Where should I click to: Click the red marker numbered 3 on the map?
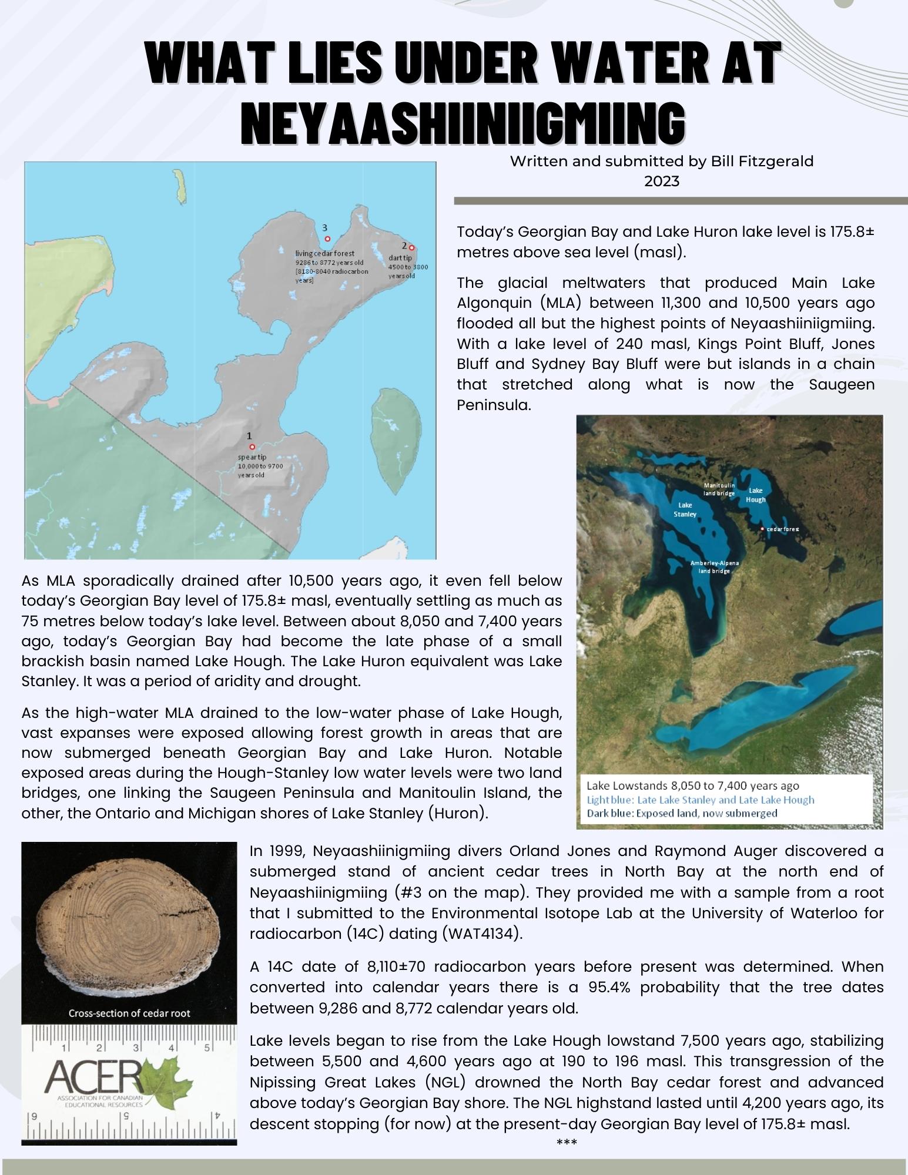tap(327, 239)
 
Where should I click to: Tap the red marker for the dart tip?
tap(411, 248)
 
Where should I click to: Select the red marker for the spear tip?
tap(252, 446)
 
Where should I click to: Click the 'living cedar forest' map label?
tap(324, 253)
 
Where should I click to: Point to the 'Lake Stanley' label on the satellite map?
tap(685, 509)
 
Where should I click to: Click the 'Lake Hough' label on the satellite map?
tap(756, 495)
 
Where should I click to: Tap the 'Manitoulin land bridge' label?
tap(719, 489)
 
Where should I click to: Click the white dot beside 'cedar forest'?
tap(762, 529)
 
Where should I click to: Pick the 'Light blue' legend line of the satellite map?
tap(700, 800)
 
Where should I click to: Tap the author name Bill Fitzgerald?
tap(762, 161)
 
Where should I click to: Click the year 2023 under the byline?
tap(662, 181)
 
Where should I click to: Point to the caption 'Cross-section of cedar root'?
tap(129, 1013)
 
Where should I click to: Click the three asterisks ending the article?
tap(567, 1142)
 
